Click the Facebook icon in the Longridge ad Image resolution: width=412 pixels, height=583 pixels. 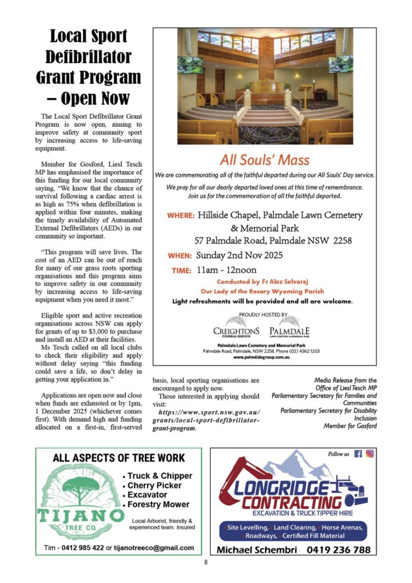click(x=358, y=454)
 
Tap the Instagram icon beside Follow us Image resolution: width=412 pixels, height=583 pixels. click(x=370, y=454)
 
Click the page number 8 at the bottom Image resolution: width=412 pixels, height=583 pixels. click(x=206, y=562)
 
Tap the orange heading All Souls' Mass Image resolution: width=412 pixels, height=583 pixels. click(x=265, y=160)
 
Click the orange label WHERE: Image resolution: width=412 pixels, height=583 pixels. click(x=181, y=215)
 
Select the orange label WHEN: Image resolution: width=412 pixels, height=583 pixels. click(x=179, y=255)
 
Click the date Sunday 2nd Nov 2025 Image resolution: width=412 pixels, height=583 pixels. click(x=239, y=255)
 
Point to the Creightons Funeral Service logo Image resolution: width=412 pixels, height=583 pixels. click(x=236, y=329)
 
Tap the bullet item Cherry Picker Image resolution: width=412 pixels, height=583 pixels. click(x=154, y=485)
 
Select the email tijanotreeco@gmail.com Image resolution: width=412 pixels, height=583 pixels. click(x=154, y=548)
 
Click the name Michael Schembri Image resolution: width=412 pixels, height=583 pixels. click(x=251, y=550)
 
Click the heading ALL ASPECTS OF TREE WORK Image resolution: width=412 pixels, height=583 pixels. click(x=119, y=458)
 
